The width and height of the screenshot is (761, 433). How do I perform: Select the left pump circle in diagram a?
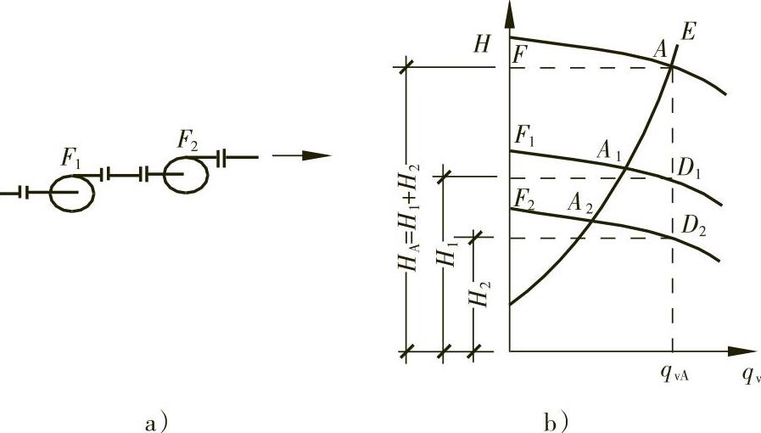pos(72,193)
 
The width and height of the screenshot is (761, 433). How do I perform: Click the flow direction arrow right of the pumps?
pos(301,156)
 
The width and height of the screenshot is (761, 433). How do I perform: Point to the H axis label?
pos(482,45)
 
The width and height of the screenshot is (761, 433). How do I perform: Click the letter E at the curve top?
pos(688,32)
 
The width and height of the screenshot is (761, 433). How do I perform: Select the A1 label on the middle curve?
pos(609,150)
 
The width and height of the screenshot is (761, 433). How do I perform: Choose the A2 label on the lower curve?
pos(580,203)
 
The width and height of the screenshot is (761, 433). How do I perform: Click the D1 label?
pos(688,168)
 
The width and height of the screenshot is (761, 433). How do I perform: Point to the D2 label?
pos(693,226)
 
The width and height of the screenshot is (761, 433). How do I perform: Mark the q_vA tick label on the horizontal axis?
pos(674,373)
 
